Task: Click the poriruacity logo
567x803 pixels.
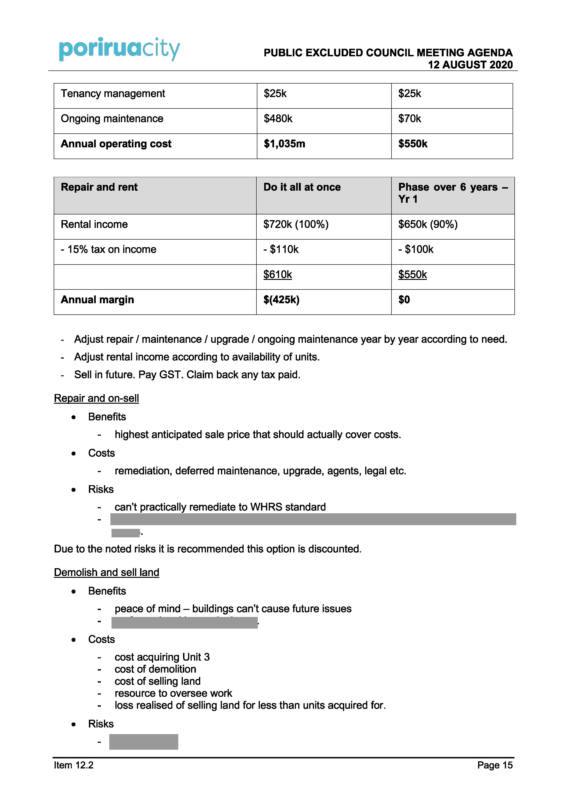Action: (x=119, y=49)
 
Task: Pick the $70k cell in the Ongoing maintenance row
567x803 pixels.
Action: (x=410, y=119)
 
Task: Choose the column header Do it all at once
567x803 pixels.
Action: (x=302, y=187)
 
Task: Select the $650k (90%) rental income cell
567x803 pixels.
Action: (x=428, y=224)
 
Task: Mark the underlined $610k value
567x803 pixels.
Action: (x=277, y=275)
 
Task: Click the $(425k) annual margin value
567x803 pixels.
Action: (x=281, y=300)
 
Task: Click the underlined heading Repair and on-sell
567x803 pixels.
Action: (x=96, y=398)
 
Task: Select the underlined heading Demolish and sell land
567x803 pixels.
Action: (x=106, y=573)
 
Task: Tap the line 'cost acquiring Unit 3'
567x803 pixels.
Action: (x=162, y=657)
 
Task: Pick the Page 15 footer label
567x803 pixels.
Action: (x=495, y=765)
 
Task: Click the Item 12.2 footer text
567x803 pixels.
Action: (x=74, y=765)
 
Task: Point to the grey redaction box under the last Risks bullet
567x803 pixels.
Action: (x=144, y=742)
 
